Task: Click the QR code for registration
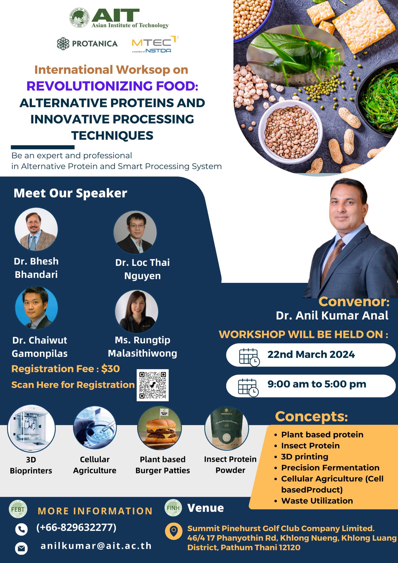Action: coord(153,385)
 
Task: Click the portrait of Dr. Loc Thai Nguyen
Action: coord(135,233)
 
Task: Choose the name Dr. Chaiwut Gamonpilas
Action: coord(40,347)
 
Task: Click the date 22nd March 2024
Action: coord(311,355)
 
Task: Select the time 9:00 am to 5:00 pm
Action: coord(317,384)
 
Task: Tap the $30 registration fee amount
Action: coord(110,369)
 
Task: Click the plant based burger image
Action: coord(159,428)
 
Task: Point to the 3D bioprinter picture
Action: coord(31,429)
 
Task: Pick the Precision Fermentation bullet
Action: coord(330,468)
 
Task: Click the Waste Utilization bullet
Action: coord(317,501)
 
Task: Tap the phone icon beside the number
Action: coord(21,529)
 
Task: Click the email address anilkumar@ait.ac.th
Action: coord(96,546)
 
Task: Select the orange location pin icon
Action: coord(173,531)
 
